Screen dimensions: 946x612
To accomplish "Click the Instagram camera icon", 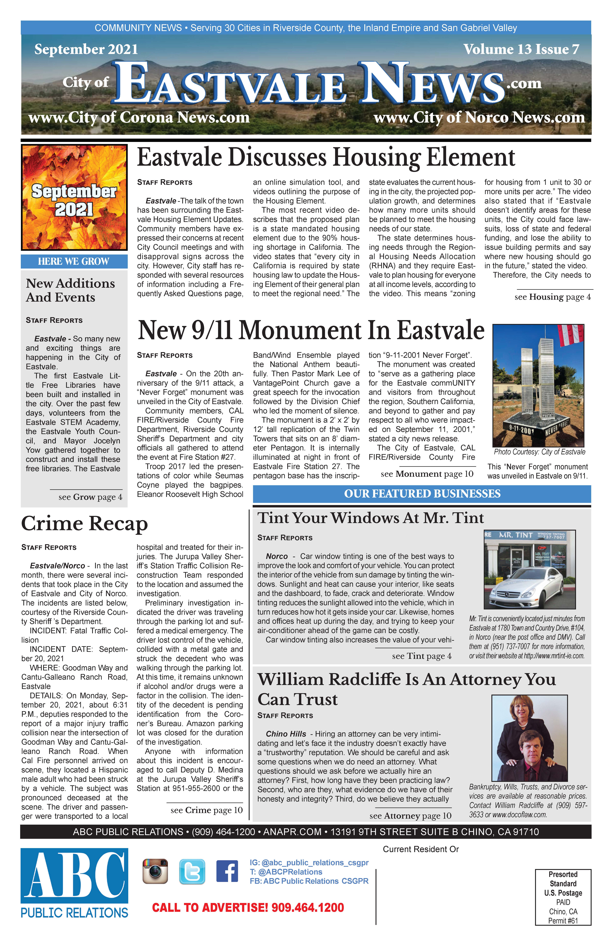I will (x=155, y=871).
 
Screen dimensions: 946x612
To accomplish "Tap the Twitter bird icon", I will (x=192, y=871).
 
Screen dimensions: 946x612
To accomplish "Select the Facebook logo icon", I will (x=227, y=871).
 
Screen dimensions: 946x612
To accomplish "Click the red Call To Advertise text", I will (x=248, y=907).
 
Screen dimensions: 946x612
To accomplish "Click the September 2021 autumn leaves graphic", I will (x=74, y=197).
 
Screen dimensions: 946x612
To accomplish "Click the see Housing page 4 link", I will (x=552, y=297).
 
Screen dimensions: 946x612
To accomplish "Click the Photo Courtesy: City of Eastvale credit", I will (x=539, y=452).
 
